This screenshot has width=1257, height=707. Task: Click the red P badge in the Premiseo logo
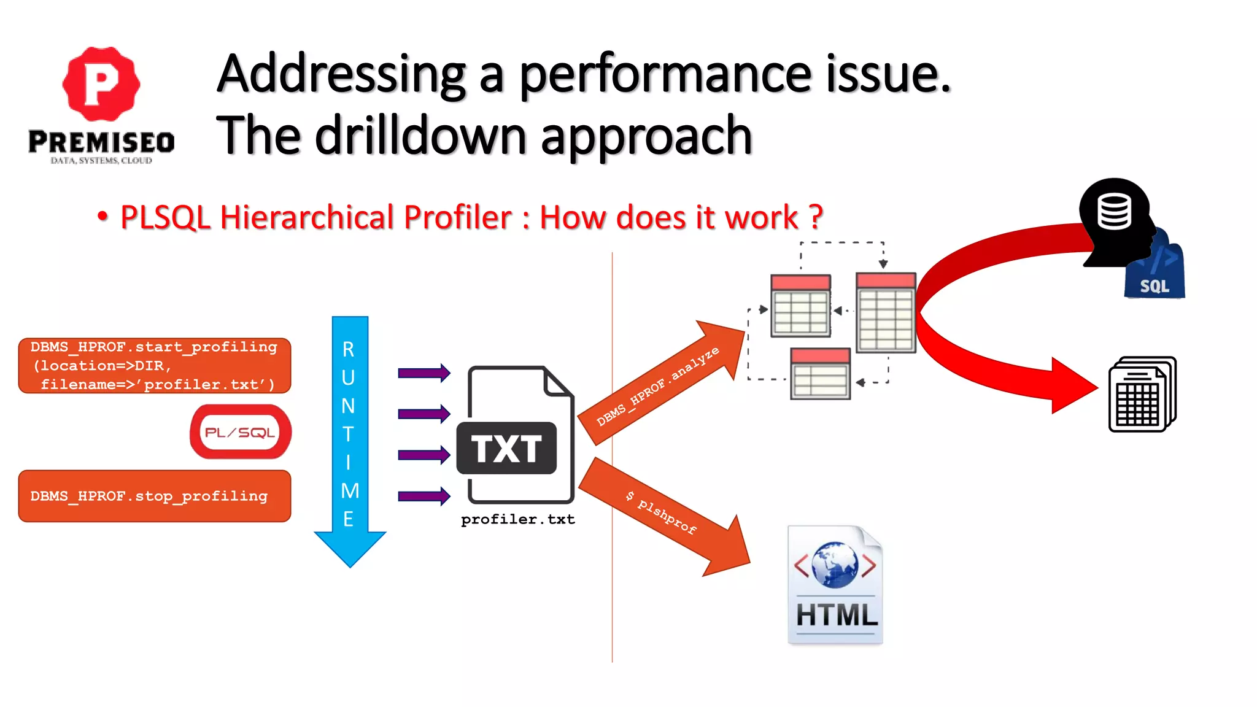coord(101,83)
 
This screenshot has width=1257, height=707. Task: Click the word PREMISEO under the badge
coord(101,142)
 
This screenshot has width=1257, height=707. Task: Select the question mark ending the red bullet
coord(815,217)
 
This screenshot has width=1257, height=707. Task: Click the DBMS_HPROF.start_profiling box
coord(154,366)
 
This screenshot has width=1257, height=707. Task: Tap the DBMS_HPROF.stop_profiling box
coord(154,496)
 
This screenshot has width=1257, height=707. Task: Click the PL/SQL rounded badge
coord(240,432)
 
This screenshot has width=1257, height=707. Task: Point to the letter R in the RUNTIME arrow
coord(349,350)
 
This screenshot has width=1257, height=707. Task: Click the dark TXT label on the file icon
coord(507,448)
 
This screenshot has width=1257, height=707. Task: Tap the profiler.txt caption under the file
coord(518,520)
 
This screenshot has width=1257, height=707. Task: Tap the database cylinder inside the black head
coord(1114,211)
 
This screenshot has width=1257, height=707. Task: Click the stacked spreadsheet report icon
coord(1142,395)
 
